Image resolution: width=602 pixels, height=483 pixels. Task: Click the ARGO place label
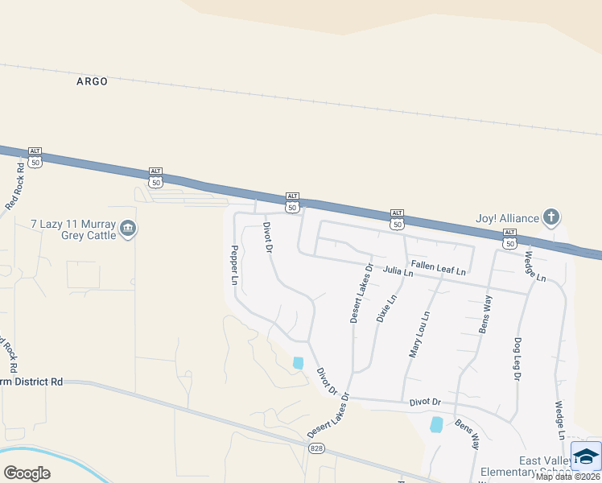(92, 81)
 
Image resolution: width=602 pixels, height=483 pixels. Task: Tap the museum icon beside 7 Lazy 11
(128, 230)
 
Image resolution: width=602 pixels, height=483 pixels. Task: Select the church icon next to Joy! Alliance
(551, 217)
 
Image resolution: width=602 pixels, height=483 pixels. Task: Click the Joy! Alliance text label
(507, 217)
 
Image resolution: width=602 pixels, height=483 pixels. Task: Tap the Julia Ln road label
(398, 272)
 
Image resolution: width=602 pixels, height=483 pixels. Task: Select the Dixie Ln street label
(387, 309)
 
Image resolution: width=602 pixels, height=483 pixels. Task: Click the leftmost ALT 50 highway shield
(35, 158)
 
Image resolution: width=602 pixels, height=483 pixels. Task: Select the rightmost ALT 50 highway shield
(509, 237)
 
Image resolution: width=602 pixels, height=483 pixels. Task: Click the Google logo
(27, 473)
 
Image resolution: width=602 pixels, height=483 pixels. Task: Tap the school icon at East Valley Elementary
(586, 455)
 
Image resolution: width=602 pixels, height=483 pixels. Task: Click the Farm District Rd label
(32, 381)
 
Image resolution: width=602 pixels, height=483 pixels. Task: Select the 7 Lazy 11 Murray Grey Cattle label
(73, 229)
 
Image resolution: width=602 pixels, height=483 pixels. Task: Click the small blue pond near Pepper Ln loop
(299, 363)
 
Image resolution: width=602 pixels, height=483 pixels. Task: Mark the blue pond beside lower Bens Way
(436, 424)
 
